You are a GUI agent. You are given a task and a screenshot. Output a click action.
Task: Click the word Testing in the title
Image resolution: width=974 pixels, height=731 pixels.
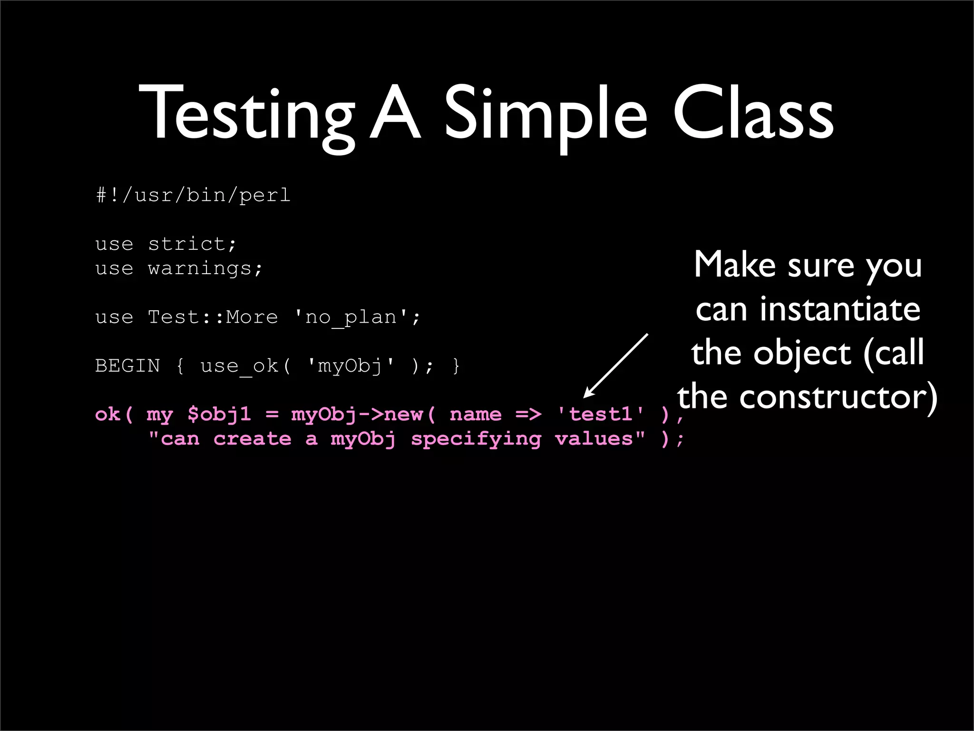[247, 114]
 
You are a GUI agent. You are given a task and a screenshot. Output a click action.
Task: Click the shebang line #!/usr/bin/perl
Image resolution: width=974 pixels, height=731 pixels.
[193, 195]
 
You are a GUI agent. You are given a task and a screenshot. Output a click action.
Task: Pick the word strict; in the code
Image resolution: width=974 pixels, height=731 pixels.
[192, 244]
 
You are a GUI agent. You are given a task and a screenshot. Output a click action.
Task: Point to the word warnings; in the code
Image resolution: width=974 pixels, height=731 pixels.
[205, 268]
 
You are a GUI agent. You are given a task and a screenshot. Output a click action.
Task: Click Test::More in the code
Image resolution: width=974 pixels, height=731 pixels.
[213, 317]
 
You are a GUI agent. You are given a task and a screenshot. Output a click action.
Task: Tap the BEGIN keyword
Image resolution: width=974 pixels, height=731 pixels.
[127, 366]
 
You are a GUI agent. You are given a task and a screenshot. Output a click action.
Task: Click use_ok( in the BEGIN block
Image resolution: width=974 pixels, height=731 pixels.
[245, 366]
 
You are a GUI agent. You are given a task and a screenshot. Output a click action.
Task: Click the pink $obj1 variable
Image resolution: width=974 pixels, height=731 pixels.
[219, 415]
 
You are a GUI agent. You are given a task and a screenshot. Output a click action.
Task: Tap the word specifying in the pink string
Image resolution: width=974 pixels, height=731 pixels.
[476, 439]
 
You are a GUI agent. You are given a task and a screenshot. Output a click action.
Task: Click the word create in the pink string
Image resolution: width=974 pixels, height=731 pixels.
[252, 439]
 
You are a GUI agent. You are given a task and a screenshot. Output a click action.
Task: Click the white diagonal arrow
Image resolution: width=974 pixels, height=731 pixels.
[616, 365]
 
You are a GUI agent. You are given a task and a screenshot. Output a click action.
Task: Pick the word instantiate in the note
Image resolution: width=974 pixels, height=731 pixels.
[840, 309]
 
